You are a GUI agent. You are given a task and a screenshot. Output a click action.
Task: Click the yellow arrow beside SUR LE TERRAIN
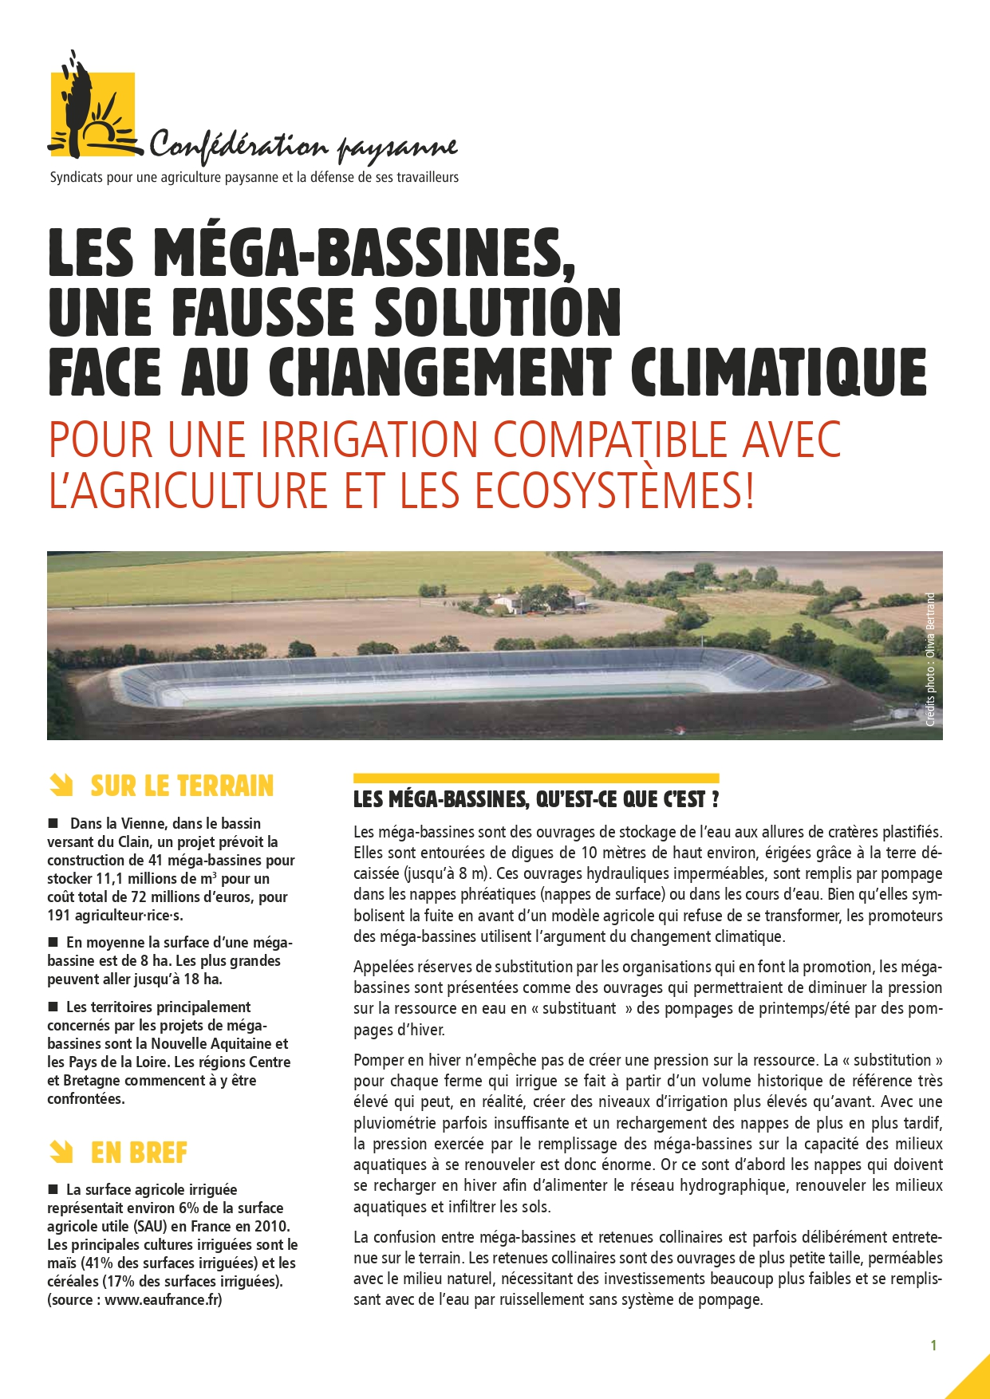61,786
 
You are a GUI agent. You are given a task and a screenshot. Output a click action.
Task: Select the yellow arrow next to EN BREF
61,1153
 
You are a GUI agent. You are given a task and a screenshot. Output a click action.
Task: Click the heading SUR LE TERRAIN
182,786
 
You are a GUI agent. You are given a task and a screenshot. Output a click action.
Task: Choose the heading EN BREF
139,1153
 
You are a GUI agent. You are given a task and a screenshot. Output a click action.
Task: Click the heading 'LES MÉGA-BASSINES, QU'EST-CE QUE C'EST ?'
536,799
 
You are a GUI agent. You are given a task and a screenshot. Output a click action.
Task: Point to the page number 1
933,1346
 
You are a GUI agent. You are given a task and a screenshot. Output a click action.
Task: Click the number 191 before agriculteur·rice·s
59,915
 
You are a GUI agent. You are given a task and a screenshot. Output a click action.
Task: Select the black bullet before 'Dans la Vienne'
53,822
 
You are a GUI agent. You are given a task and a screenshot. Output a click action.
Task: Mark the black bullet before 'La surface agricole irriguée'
53,1188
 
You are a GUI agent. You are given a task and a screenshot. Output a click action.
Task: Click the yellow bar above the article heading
536,778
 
